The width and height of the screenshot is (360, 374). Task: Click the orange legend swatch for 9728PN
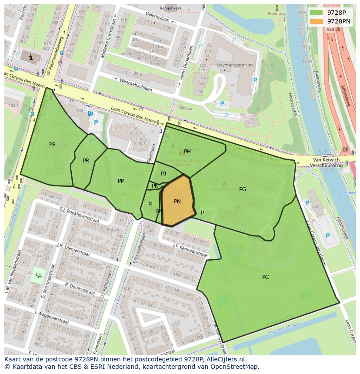tap(316, 21)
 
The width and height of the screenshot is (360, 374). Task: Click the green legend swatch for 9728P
tap(316, 12)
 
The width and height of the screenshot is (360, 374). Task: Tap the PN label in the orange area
tap(177, 202)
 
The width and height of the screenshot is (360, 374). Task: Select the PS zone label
tap(52, 145)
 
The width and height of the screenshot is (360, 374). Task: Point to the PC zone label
tap(265, 277)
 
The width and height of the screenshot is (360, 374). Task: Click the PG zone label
tap(243, 189)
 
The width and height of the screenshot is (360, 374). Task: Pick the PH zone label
tap(187, 152)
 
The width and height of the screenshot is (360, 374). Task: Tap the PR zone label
tap(86, 161)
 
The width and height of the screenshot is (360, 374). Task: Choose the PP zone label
tap(121, 181)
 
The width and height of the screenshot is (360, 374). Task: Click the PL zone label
tap(151, 205)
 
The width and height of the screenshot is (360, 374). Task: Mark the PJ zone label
tap(163, 174)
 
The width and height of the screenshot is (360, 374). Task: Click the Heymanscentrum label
tap(234, 65)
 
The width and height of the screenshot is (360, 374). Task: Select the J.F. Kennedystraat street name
tap(190, 250)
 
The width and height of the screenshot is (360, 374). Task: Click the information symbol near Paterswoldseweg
tap(30, 57)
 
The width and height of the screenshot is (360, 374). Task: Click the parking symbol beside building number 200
tap(307, 203)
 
